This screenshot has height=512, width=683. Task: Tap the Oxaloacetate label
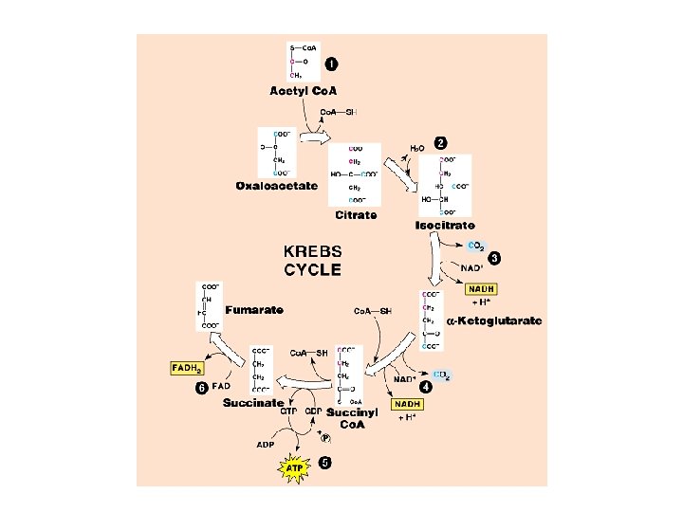coord(277,186)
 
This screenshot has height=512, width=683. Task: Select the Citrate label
coord(355,215)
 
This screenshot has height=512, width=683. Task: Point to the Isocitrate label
coord(445,226)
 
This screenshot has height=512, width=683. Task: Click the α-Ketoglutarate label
coord(495,321)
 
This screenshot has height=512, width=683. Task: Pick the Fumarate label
coord(254,310)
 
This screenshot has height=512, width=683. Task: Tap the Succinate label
coord(253,403)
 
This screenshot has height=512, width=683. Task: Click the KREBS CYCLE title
coord(313,261)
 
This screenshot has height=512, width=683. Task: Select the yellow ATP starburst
coord(294,467)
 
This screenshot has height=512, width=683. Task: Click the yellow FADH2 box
coord(187,367)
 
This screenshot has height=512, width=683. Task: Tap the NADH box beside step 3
coord(482,289)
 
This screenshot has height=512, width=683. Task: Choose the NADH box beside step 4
coord(408,404)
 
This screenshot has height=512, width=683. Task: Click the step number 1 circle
coord(330,64)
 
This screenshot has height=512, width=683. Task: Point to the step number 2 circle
coord(440,143)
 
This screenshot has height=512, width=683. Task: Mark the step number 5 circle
coord(325,464)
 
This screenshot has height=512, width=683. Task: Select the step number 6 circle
coord(201,388)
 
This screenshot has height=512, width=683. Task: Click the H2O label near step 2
coord(417,149)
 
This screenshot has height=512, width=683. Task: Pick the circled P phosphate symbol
coord(324,438)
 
